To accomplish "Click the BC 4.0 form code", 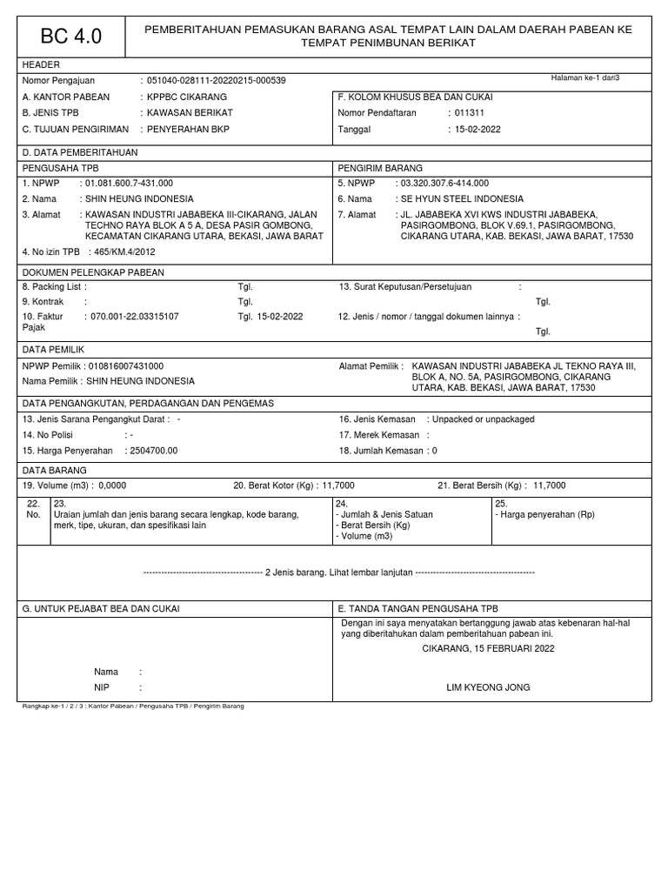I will pos(71,37).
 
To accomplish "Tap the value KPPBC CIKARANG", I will pos(183,97).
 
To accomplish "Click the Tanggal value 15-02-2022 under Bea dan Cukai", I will pos(478,130).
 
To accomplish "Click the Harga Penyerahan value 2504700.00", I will pos(152,450).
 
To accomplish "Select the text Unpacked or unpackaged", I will pos(484,419).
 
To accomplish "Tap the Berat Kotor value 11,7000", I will pos(338,485).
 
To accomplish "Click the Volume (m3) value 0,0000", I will pos(113,485).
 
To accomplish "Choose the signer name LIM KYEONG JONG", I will pos(487,687).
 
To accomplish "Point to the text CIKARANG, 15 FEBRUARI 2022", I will pos(487,648).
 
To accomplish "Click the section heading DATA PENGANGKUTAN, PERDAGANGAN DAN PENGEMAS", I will pos(148,403).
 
